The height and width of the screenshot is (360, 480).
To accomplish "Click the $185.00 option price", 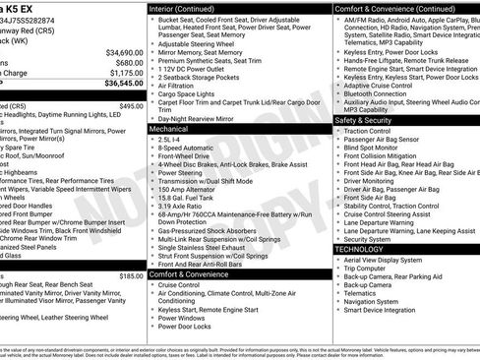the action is pos(131,276).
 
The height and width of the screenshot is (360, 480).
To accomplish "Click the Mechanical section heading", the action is pos(168,129).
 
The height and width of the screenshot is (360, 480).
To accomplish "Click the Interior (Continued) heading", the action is pos(189,8).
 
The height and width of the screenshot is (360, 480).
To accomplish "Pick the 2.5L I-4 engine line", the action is pos(173,140).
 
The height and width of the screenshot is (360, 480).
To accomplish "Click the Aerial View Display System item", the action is pos(389,259).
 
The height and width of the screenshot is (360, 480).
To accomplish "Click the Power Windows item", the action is pos(181,318).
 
